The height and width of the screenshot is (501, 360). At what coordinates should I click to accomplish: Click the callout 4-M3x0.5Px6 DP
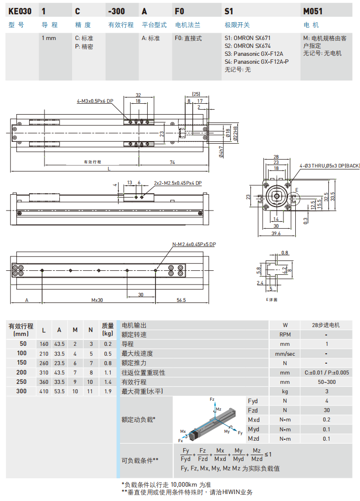95,101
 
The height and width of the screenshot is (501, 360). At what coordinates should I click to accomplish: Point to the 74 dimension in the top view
172,162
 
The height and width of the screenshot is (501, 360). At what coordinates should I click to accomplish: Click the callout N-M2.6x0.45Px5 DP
194,244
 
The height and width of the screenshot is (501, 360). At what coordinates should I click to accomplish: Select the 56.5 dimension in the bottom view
181,300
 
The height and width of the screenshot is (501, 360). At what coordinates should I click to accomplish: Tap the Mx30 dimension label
97,300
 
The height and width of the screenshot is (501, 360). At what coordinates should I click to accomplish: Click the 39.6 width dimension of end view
275,233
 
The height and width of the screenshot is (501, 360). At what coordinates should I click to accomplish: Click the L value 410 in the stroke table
44,391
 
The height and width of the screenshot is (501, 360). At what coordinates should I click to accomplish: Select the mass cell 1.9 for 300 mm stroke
108,391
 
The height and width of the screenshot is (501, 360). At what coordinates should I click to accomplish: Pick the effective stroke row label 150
22,363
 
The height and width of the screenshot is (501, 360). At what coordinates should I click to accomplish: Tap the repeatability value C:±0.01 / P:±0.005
326,373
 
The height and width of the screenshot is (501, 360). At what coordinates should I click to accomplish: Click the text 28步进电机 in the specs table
326,325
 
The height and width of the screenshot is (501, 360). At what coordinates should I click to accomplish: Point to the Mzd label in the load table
253,438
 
